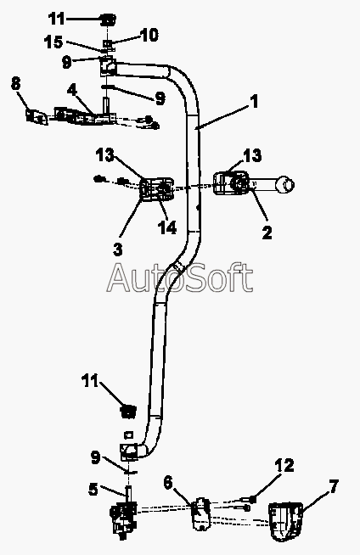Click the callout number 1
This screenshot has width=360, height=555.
click(254, 102)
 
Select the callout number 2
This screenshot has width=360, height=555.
click(267, 232)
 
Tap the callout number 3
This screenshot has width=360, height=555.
click(118, 249)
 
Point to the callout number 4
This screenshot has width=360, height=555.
click(72, 90)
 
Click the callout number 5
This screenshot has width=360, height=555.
click(93, 490)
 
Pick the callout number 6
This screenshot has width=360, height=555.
click(168, 482)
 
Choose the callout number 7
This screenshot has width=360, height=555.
click(334, 486)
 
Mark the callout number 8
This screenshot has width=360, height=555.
click(15, 84)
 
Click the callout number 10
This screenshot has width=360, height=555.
click(149, 35)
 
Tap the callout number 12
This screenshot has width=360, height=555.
click(284, 465)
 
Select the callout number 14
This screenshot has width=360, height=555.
click(166, 227)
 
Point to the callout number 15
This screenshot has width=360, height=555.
click(53, 42)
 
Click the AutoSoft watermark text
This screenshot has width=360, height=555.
click(180, 277)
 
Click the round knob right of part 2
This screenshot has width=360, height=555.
click(285, 185)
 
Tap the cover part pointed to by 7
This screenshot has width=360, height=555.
click(285, 521)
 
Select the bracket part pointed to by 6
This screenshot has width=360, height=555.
click(200, 513)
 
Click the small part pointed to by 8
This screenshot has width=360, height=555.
click(37, 116)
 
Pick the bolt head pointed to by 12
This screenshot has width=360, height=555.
click(252, 499)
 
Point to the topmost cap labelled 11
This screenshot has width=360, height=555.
click(108, 20)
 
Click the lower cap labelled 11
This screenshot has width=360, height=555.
click(128, 412)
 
